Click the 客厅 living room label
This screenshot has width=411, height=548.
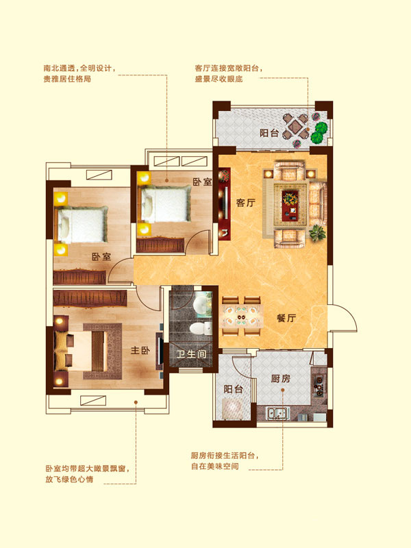[x=246, y=202]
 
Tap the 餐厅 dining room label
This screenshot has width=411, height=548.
[x=286, y=318]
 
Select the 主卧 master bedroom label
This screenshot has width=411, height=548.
[x=140, y=350]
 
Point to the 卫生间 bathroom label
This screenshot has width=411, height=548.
[x=191, y=354]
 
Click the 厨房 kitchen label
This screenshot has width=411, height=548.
[x=281, y=378]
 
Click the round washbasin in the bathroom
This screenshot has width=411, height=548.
[x=201, y=305]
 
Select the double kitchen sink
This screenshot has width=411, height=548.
[x=278, y=413]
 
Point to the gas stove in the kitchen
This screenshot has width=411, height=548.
[x=319, y=385]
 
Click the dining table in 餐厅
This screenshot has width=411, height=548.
[x=242, y=316]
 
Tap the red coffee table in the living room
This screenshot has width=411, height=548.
[x=290, y=206]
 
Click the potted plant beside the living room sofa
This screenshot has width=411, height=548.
[x=317, y=233]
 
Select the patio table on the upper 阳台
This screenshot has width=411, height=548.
[x=296, y=127]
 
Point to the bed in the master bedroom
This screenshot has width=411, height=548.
[x=80, y=351]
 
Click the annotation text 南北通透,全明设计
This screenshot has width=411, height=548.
[x=79, y=68]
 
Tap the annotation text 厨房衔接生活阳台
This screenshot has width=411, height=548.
[x=225, y=456]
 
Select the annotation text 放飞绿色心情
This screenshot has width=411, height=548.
[x=69, y=479]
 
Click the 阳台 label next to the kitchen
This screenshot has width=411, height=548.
[x=233, y=388]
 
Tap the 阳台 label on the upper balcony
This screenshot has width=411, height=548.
[x=269, y=133]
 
